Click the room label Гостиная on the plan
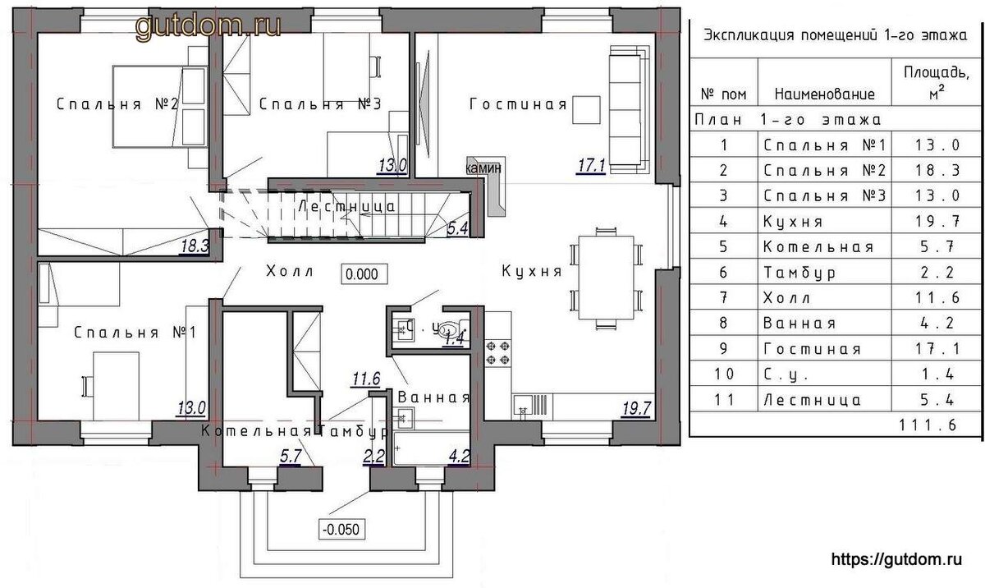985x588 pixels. point(518,104)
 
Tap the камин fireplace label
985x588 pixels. point(483,168)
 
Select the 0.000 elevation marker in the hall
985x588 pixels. point(364,274)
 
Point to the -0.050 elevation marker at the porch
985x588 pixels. point(341,529)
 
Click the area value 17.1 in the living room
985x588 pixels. point(592,166)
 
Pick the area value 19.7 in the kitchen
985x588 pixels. point(636,409)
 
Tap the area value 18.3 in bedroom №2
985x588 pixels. point(195,246)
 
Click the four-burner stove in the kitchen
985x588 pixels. point(497,352)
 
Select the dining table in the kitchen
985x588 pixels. point(606,278)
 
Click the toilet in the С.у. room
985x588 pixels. point(451,328)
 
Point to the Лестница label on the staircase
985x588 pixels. point(347,206)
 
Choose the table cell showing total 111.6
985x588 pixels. point(928,425)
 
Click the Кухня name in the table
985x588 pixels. point(792,221)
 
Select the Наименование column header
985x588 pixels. point(824,94)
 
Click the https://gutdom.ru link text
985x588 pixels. point(896,559)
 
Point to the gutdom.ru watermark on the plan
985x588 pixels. point(208,26)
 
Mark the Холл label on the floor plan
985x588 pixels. point(289,271)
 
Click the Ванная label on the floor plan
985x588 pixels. point(433,397)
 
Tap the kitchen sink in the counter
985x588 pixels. point(523,405)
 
